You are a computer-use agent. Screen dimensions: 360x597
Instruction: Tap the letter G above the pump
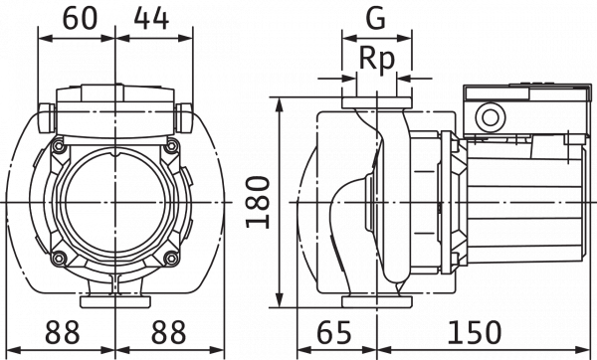tap(375, 18)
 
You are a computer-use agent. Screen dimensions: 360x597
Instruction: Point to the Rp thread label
tap(375, 60)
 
